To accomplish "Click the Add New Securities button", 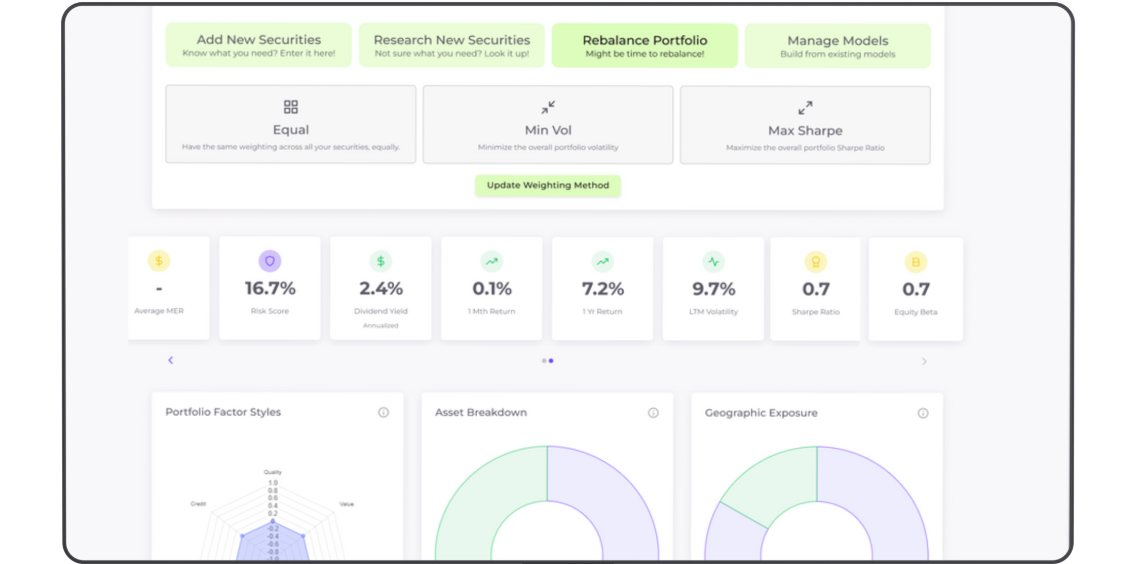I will (x=258, y=45).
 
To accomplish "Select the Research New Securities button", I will (x=452, y=45).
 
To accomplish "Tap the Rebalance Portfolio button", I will (x=645, y=46).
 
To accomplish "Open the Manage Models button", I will (x=838, y=46).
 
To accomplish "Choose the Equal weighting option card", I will (x=290, y=125).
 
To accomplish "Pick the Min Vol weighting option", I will (x=548, y=125).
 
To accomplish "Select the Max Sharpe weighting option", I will (x=805, y=126).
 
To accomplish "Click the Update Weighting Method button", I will (x=548, y=186).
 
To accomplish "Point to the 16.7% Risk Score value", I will (x=270, y=288).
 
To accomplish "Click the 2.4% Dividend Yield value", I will (x=381, y=289).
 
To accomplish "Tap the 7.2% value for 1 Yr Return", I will (x=602, y=289).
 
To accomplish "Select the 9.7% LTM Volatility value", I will (x=713, y=289).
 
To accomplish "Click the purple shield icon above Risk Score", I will (x=270, y=261).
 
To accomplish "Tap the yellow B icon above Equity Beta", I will (x=915, y=262).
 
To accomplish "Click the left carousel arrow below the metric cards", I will (x=171, y=360).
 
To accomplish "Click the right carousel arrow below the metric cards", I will (x=924, y=362).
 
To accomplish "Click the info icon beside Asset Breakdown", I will (x=653, y=413).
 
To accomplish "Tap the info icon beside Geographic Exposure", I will (x=923, y=413).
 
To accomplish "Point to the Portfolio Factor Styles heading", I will (x=223, y=412).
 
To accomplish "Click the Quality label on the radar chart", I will (x=272, y=472).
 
